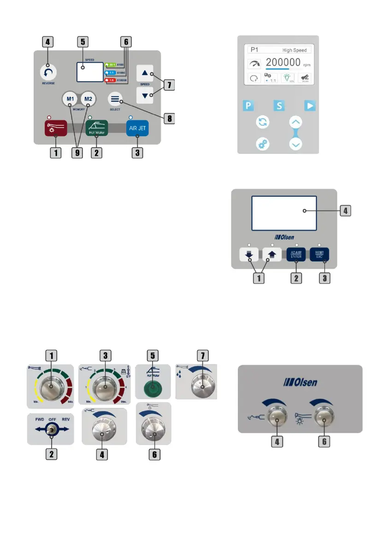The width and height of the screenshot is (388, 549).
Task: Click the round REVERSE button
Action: tap(48, 72)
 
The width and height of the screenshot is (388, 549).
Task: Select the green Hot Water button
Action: tap(96, 128)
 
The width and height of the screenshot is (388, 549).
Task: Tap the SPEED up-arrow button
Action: tap(145, 73)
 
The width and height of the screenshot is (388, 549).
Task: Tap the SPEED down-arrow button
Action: tap(145, 94)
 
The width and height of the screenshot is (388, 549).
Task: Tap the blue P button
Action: tap(248, 106)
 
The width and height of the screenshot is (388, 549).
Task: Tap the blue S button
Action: tap(279, 106)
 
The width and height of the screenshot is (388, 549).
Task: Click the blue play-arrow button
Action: tap(310, 106)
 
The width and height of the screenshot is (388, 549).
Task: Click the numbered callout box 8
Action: tap(170, 118)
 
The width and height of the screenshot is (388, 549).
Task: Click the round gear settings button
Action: tap(263, 144)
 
